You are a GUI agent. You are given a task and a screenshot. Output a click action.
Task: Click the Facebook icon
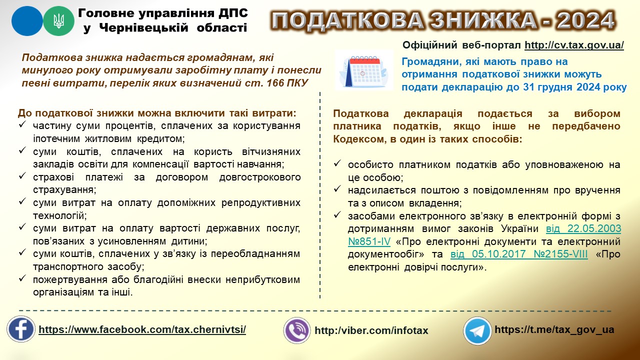point(21,329)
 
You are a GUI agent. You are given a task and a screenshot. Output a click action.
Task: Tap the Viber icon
point(297,330)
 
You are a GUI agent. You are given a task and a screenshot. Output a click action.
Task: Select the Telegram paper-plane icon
point(477,330)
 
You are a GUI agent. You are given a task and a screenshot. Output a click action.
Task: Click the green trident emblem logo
point(58,21)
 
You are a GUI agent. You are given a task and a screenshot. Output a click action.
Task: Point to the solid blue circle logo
point(27,21)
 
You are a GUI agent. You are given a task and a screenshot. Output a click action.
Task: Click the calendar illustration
point(363,70)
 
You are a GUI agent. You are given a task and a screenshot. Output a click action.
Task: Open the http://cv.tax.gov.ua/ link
point(574,45)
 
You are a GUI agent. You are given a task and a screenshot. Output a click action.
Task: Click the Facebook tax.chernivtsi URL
point(142,329)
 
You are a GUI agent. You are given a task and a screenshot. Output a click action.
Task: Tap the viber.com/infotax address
point(371,330)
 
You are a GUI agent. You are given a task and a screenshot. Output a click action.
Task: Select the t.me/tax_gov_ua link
point(554,329)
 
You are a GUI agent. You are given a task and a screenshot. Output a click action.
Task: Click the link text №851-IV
point(369,241)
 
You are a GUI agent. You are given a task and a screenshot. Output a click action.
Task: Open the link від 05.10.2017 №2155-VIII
point(519,254)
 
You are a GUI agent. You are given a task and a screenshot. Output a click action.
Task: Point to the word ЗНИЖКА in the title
point(483,20)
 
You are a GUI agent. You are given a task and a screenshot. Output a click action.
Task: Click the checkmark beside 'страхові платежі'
point(22,175)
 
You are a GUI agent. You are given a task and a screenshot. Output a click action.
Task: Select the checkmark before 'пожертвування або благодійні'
point(22,278)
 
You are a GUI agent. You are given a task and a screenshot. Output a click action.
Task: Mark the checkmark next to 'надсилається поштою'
point(337,189)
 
